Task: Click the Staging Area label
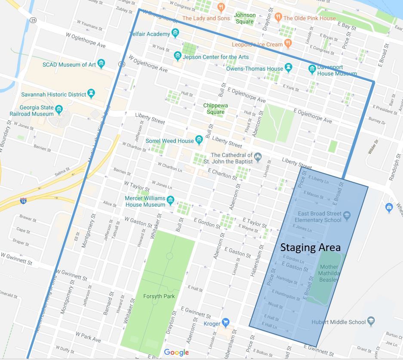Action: (310, 248)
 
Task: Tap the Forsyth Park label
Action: (157, 297)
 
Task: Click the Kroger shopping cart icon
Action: (225, 323)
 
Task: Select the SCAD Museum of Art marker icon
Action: (101, 65)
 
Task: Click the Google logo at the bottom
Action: (176, 353)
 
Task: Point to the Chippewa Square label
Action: (215, 109)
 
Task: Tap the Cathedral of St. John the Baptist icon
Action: (258, 156)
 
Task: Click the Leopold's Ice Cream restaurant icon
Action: (288, 43)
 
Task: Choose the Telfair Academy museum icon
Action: (175, 33)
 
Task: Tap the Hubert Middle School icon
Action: (372, 321)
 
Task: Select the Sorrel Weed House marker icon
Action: (199, 140)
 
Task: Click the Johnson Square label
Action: (244, 18)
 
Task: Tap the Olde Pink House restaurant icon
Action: (278, 18)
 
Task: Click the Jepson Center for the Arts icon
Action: (177, 56)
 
